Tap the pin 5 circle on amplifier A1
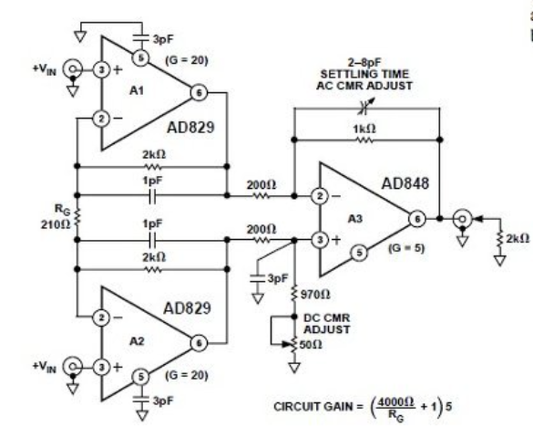tap(141, 55)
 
